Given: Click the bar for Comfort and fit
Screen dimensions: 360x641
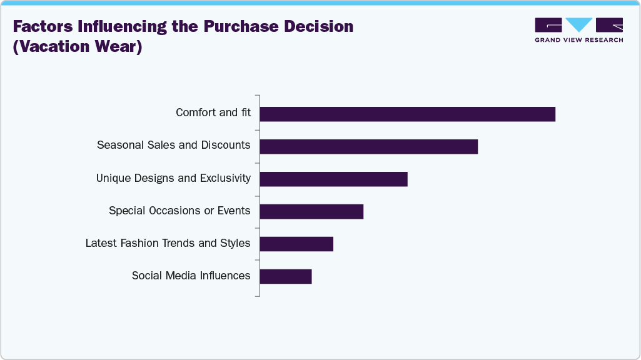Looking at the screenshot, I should [x=407, y=114].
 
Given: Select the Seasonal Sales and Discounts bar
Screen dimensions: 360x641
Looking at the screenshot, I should [x=368, y=146].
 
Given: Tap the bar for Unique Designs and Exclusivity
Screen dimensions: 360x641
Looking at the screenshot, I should [x=333, y=179].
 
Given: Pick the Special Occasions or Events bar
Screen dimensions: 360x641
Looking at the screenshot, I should [x=311, y=211].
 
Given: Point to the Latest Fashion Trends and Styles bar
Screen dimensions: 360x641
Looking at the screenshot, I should [x=296, y=244].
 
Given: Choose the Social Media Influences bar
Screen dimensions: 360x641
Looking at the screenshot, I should [x=285, y=276].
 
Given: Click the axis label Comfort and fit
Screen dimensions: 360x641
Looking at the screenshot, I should [x=213, y=113].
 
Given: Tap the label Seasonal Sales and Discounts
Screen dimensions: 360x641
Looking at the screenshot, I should [x=174, y=146].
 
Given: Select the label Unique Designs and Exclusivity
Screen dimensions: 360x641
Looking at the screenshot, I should [x=173, y=178].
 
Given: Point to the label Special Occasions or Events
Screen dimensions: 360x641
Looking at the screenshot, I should [x=179, y=211].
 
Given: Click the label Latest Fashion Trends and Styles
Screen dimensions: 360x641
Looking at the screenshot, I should [x=168, y=243].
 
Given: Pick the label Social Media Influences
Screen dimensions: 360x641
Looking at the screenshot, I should [x=191, y=276].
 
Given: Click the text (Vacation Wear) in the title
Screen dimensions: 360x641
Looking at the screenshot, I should [x=78, y=47].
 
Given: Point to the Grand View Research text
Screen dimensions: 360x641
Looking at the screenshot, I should [x=578, y=40].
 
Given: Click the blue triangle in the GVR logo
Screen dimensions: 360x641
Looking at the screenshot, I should [x=579, y=25].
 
